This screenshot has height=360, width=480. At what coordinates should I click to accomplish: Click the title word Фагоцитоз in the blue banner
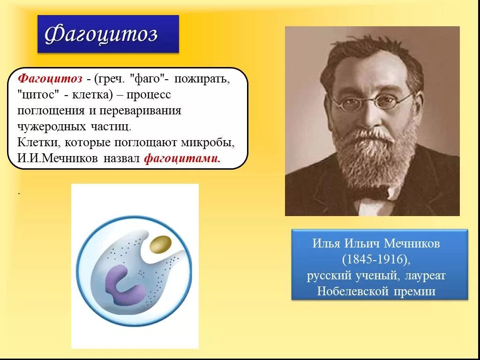point(101,34)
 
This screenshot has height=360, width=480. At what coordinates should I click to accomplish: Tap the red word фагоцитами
point(182,158)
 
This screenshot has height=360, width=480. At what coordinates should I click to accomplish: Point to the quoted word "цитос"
point(39,95)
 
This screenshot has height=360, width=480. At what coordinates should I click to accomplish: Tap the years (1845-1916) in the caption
point(379,259)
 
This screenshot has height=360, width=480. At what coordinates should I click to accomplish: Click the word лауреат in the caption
point(424,275)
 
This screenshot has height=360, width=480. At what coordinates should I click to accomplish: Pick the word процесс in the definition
point(149,95)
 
